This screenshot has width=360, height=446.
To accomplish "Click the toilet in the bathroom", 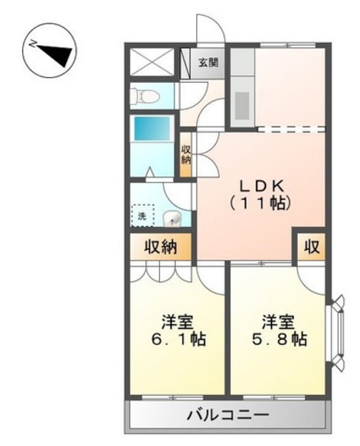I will pyautogui.click(x=147, y=96).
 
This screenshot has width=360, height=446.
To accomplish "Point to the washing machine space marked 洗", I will pyautogui.click(x=143, y=214).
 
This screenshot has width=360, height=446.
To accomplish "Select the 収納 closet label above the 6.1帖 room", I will pyautogui.click(x=160, y=247).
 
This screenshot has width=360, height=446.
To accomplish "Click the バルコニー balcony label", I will pyautogui.click(x=227, y=415).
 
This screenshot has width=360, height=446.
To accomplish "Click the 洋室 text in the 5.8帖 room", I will pyautogui.click(x=278, y=322).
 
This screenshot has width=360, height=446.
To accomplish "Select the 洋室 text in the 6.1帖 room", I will pyautogui.click(x=178, y=322).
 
